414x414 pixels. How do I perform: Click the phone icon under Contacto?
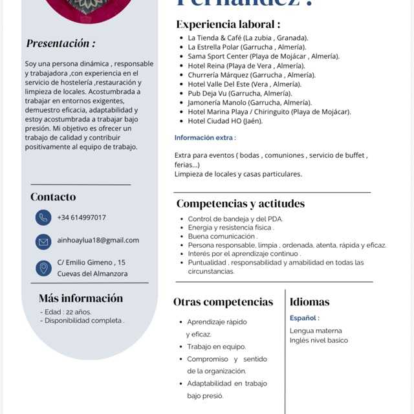click(x=43, y=217)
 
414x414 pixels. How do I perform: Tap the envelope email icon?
click(x=43, y=242)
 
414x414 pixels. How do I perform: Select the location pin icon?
click(x=43, y=268)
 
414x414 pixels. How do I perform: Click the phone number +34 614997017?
click(x=82, y=217)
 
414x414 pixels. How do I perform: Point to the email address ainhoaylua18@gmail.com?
click(x=98, y=240)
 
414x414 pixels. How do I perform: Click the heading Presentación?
click(x=61, y=43)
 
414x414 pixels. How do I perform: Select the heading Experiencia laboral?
click(x=228, y=24)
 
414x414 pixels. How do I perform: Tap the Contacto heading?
click(x=53, y=197)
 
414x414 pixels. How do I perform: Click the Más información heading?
click(x=81, y=298)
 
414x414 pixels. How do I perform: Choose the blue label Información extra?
click(x=205, y=138)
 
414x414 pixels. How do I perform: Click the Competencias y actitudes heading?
click(x=240, y=203)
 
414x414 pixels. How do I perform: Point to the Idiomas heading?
click(x=309, y=301)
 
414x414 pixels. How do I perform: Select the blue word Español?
click(x=304, y=318)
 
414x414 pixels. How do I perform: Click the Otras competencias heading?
click(x=223, y=301)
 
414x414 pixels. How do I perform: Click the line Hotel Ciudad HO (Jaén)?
click(x=225, y=120)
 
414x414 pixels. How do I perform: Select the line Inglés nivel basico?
click(x=318, y=340)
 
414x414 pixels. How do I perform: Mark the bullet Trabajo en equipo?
click(x=216, y=347)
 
